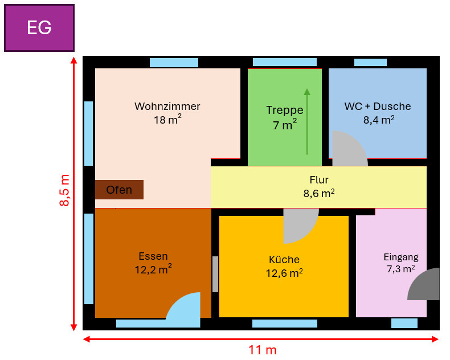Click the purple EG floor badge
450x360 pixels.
pyautogui.click(x=39, y=28)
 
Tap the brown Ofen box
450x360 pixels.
pyautogui.click(x=119, y=190)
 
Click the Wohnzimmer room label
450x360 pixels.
pyautogui.click(x=167, y=107)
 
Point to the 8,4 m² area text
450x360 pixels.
pyautogui.click(x=379, y=120)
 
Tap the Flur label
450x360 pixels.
pyautogui.click(x=318, y=181)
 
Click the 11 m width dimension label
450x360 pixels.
pyautogui.click(x=263, y=350)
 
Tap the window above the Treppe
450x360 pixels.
pyautogui.click(x=284, y=62)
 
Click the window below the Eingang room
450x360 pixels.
pyautogui.click(x=404, y=324)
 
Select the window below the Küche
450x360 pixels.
pyautogui.click(x=284, y=324)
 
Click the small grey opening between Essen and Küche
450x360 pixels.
pyautogui.click(x=215, y=274)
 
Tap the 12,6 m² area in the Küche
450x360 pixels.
pyautogui.click(x=284, y=273)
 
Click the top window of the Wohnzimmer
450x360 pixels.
pyautogui.click(x=174, y=63)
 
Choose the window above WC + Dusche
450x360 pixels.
pyautogui.click(x=378, y=63)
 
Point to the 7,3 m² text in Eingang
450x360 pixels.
pyautogui.click(x=400, y=269)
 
